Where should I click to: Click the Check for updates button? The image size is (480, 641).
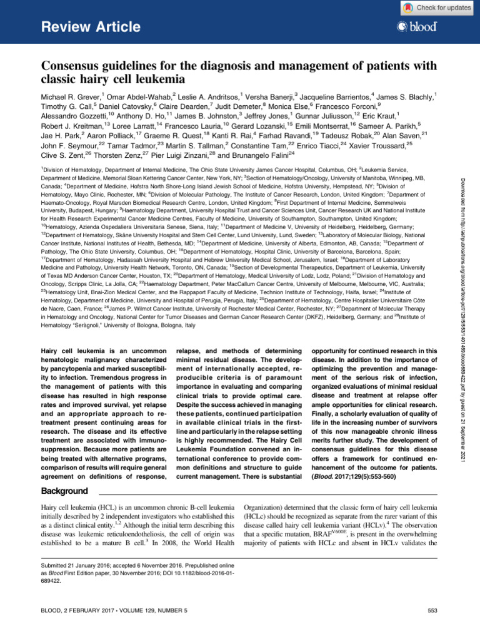[436, 8]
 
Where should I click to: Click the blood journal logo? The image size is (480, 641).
[416, 28]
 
